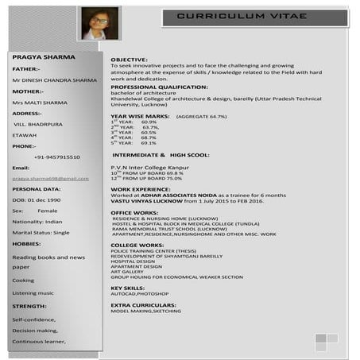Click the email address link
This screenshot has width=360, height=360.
coord(50,179)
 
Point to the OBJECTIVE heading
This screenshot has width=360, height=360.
coord(129,60)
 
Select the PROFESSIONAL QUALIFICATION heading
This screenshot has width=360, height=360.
coord(159,86)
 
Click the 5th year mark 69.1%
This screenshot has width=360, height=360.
coord(149,142)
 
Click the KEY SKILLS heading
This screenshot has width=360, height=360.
coord(127,287)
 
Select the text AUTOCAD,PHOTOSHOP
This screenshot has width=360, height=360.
coord(140,293)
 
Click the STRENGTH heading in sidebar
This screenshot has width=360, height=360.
coord(29,305)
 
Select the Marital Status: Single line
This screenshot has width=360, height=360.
coord(41,232)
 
